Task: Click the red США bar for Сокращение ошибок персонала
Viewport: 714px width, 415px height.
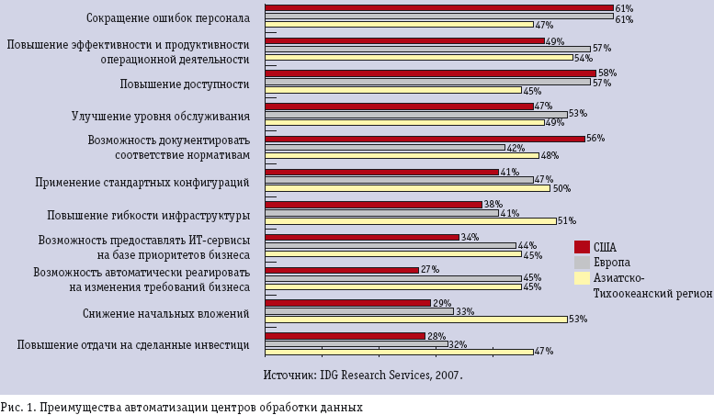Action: point(438,7)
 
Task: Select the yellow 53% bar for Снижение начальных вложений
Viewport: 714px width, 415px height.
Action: point(415,319)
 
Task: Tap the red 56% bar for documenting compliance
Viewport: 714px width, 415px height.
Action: point(425,139)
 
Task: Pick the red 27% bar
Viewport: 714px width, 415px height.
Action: point(342,270)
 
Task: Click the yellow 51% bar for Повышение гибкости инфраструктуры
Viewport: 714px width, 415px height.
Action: point(410,220)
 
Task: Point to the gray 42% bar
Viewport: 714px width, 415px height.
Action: point(385,147)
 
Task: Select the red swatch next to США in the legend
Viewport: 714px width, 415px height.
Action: point(581,246)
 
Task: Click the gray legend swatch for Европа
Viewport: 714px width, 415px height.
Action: point(581,262)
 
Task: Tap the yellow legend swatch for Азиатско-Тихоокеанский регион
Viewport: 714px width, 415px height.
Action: point(581,277)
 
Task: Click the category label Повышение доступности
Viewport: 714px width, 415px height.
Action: point(185,84)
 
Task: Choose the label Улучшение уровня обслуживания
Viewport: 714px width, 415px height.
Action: point(161,117)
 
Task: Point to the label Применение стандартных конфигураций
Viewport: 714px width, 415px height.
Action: point(142,183)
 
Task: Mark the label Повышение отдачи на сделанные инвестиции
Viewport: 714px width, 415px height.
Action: point(133,344)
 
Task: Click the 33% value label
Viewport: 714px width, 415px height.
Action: point(464,311)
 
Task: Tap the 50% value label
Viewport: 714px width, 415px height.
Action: point(561,189)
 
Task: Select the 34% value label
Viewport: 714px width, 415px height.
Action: point(470,237)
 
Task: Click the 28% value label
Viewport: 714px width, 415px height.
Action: point(436,336)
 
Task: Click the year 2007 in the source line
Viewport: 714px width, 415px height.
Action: point(448,375)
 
